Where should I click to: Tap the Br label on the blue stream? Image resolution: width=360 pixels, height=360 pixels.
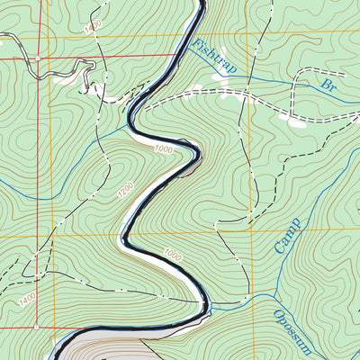click(330, 85)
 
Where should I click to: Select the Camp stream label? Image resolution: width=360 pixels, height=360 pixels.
click(287, 234)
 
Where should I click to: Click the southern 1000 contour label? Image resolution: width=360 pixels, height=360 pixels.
click(173, 256)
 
